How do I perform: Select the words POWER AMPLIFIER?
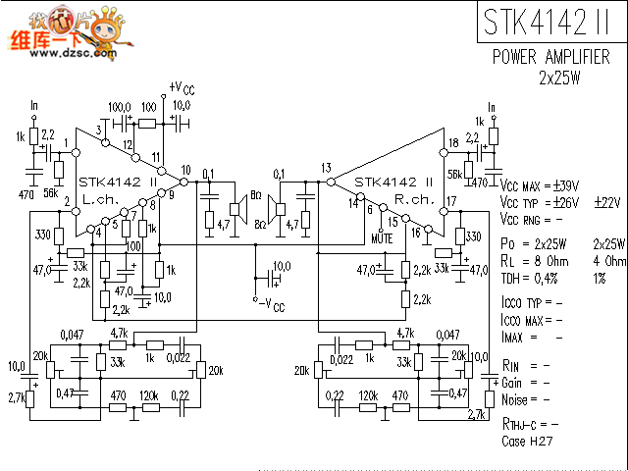click(557, 58)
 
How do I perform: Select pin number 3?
click(99, 131)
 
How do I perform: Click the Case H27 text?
click(528, 442)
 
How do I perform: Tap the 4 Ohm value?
click(609, 261)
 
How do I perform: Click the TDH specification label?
click(513, 278)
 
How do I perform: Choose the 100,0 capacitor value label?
click(119, 106)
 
